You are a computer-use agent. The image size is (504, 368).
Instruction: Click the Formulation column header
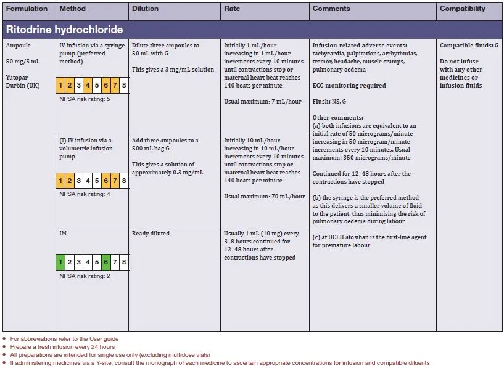[x=27, y=9]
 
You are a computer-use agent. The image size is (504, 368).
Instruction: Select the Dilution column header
[x=145, y=9]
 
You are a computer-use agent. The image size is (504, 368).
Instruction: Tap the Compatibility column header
[x=462, y=9]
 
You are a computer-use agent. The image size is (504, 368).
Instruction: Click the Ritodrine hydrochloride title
[x=64, y=30]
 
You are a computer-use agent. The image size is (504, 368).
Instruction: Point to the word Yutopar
[x=18, y=78]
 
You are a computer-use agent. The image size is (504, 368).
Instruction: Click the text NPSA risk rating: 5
[x=85, y=99]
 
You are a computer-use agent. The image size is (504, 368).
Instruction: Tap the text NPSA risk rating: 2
[x=85, y=276]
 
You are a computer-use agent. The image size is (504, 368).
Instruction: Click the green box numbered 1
[x=60, y=262]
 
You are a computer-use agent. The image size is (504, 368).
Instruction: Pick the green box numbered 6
[x=106, y=262]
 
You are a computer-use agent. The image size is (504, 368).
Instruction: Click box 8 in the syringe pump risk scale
[x=124, y=85]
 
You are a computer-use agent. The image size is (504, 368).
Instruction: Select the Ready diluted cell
[x=151, y=234]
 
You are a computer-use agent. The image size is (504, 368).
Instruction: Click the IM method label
[x=63, y=234]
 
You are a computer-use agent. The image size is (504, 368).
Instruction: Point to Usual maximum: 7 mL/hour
[x=263, y=102]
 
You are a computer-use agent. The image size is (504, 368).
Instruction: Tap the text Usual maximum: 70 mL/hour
[x=264, y=197]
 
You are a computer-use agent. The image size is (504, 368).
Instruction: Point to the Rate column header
[x=233, y=9]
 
